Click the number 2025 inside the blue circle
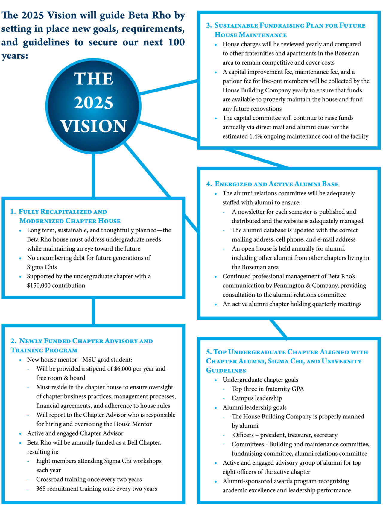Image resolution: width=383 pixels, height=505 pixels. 94,103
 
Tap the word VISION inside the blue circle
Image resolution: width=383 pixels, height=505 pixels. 94,126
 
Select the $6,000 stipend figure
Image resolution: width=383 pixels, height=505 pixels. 123,369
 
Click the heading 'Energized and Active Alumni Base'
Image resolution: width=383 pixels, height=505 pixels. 276,184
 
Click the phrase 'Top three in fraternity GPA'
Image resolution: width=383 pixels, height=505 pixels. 268,389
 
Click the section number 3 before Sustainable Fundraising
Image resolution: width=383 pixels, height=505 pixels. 209,25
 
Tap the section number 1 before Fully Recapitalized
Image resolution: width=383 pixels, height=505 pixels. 13,212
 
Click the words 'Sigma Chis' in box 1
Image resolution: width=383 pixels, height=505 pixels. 42,267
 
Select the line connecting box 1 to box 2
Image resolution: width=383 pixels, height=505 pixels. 94,311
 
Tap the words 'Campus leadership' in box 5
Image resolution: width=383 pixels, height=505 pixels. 257,398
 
